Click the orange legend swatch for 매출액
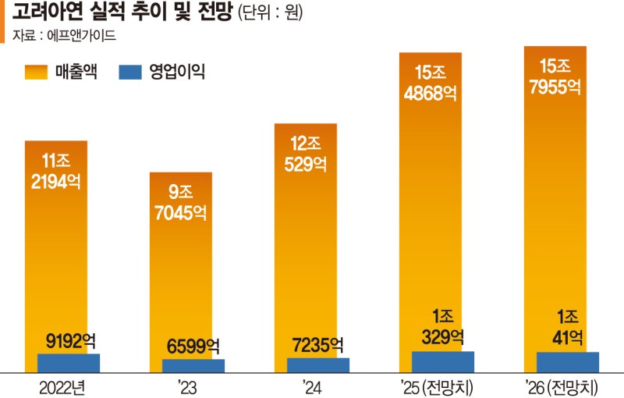37,73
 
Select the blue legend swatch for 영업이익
130,73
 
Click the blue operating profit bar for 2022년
69,363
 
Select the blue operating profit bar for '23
193,365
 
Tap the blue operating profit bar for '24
318,364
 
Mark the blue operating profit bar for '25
443,361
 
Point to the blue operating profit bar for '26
568,361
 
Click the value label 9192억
69,341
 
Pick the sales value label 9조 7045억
181,201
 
